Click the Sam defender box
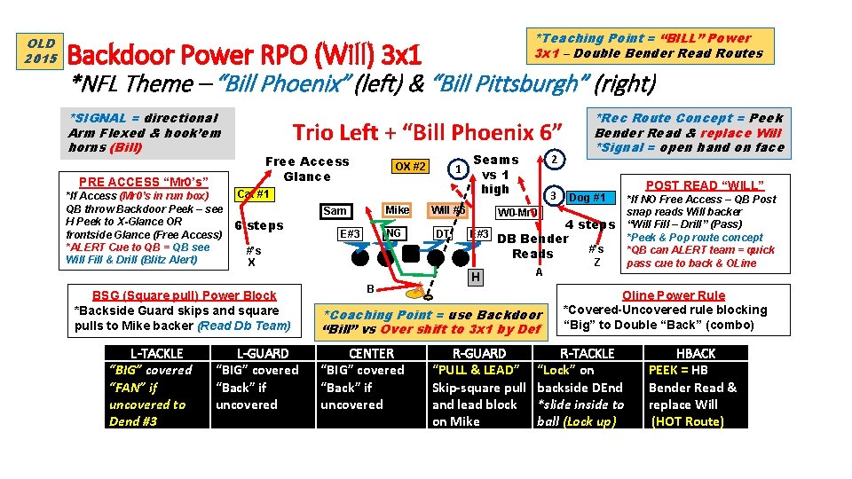[335, 210]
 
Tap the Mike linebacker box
[397, 210]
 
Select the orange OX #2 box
[410, 166]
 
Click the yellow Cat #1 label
[252, 194]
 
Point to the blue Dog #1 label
[587, 197]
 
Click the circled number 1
[456, 169]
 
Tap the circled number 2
[554, 159]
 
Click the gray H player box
[477, 278]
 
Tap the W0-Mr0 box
[517, 213]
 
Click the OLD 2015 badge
[41, 51]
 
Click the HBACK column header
[696, 353]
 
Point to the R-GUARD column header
[479, 353]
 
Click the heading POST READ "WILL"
[704, 185]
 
